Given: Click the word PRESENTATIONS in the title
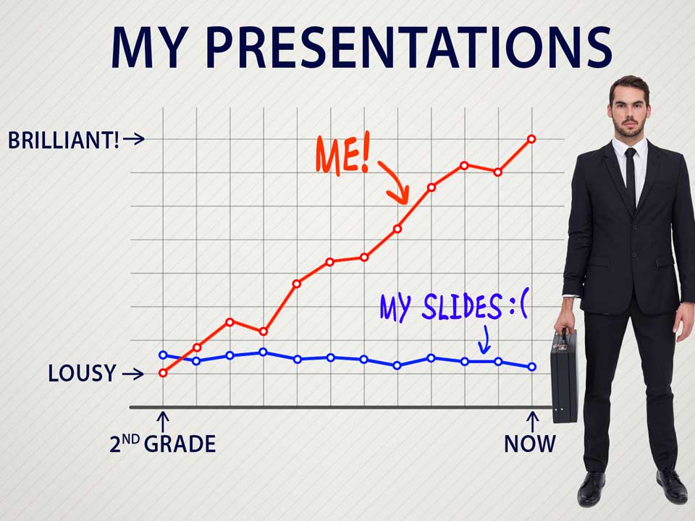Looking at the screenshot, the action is click(408, 48).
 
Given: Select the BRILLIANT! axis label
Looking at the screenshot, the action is click(64, 140).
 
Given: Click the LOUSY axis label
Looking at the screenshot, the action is click(82, 373).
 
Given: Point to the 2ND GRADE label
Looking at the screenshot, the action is click(163, 444).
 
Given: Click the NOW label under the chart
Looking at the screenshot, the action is click(530, 444).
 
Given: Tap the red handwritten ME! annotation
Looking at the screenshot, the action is click(342, 154).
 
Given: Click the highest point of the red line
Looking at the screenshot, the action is click(531, 139).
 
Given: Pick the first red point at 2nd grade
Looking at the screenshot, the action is click(163, 373).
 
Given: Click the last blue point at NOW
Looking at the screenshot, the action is click(532, 367).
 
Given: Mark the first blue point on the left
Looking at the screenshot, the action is click(163, 355).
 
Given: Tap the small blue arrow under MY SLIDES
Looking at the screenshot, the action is click(485, 340).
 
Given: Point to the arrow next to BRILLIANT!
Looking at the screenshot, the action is click(134, 139).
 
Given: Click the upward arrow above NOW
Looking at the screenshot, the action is click(532, 421).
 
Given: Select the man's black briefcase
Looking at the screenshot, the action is click(564, 376).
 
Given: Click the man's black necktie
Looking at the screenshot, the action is click(631, 177).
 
